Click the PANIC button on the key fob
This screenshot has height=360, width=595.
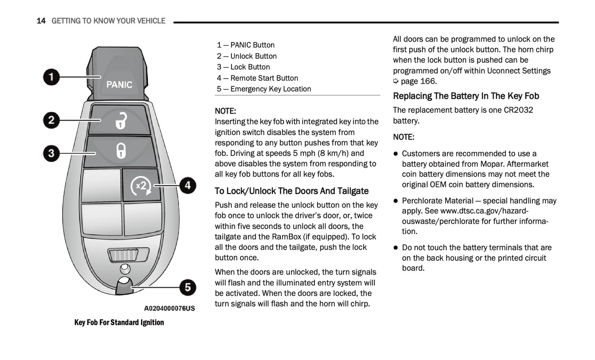(x=119, y=84)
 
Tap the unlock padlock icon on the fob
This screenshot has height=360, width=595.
(x=121, y=120)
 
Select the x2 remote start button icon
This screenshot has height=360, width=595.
(x=141, y=186)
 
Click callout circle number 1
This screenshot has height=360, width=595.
(x=51, y=77)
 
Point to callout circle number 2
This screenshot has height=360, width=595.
(x=51, y=120)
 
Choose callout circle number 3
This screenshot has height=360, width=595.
(x=51, y=153)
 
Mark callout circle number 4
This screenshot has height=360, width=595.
(x=188, y=185)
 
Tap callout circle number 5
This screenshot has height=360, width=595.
(x=188, y=287)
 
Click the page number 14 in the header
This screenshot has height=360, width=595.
(x=41, y=21)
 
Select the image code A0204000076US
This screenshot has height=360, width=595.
(x=169, y=308)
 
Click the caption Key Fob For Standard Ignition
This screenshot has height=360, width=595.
(x=119, y=322)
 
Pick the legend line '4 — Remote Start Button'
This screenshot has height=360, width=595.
(x=257, y=78)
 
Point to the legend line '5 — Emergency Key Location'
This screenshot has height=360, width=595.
(x=264, y=89)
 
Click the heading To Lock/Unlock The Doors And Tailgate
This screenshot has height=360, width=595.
(x=292, y=191)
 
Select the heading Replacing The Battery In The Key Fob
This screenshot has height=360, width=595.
(x=466, y=96)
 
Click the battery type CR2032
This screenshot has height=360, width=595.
(x=518, y=110)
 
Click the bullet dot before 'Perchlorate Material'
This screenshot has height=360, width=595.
(x=396, y=201)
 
